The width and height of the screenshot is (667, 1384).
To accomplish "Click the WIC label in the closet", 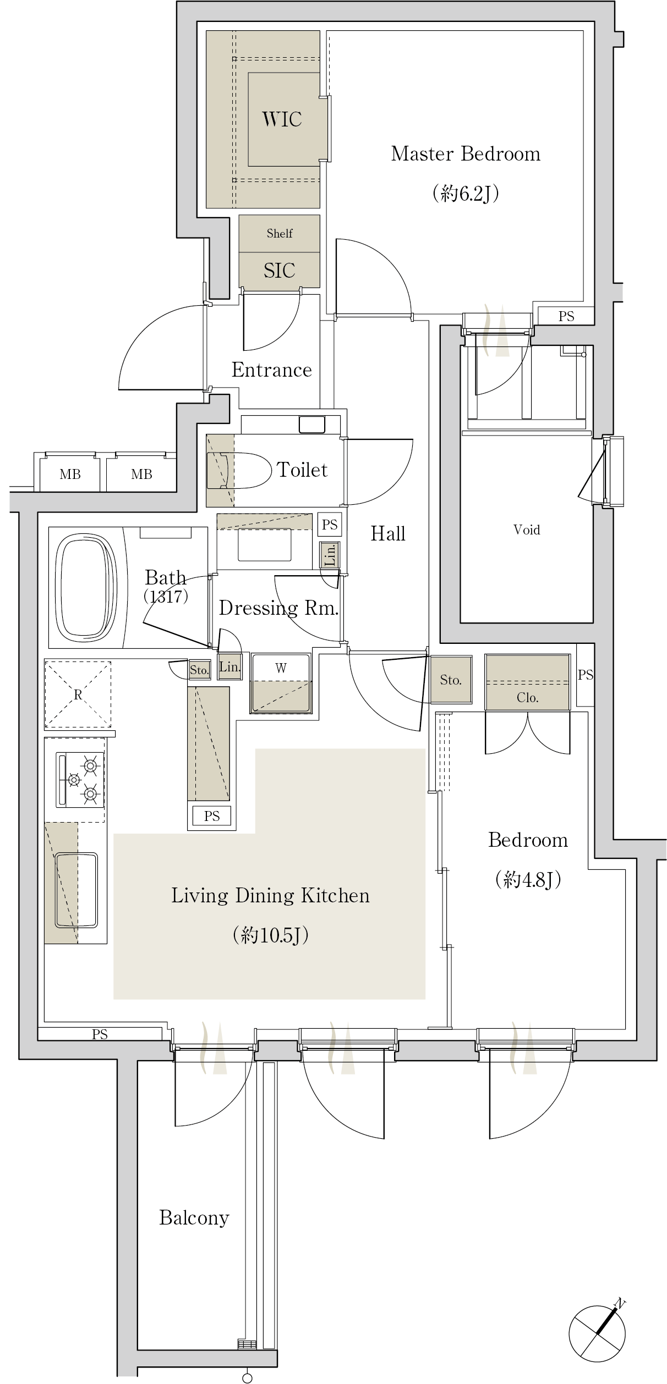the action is coord(282,119).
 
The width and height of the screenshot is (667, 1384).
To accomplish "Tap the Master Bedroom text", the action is coord(466,153).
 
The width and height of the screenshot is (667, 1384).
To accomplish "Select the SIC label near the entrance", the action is coord(279,270).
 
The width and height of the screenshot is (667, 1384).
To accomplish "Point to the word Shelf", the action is coord(280,233).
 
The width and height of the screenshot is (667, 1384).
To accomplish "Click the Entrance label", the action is coord(271,370).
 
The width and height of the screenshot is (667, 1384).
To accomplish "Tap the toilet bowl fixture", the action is coord(239,471).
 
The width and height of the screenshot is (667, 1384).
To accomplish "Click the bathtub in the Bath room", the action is coord(86,588).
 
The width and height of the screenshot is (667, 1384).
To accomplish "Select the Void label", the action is coord(527,530).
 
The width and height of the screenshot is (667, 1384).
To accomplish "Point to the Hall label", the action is coord(388,533).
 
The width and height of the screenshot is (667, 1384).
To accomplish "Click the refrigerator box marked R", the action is coord(78,694).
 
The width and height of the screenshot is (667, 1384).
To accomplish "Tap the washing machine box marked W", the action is coord(281,683).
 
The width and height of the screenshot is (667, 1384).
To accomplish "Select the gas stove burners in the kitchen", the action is coord(80,780).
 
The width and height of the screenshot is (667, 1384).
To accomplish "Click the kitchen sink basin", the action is coord(76,890).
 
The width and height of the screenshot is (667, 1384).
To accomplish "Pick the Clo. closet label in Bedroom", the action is coord(527,698).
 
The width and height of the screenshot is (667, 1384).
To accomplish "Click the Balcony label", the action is coord(194,1218).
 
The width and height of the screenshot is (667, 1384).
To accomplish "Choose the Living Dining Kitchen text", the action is coord(270,895).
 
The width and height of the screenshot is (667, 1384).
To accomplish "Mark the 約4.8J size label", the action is coord(528,880).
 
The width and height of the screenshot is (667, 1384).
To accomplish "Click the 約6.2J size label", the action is coord(466,193).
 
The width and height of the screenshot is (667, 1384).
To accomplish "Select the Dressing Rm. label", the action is coord(278,608).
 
